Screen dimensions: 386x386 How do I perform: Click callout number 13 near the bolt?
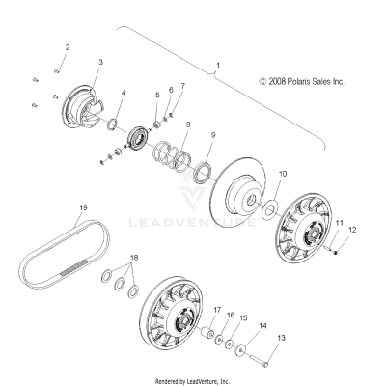(x=282, y=338)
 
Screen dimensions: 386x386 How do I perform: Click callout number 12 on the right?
(x=351, y=229)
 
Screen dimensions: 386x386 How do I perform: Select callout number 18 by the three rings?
(x=132, y=258)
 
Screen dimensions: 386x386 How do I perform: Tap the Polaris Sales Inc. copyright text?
(x=300, y=83)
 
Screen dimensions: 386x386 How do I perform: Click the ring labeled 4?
(x=113, y=124)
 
